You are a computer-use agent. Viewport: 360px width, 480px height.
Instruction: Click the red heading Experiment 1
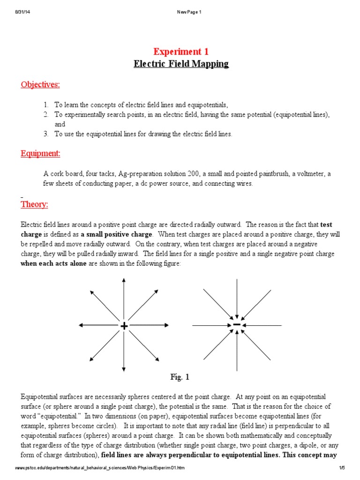(181, 52)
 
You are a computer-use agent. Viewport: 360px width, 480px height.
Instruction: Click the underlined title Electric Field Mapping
(181, 64)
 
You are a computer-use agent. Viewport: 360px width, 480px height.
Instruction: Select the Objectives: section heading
(40, 84)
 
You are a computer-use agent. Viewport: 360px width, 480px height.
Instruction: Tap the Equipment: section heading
(40, 154)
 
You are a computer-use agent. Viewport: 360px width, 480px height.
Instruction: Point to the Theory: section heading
(34, 204)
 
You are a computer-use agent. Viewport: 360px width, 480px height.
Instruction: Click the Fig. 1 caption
(180, 377)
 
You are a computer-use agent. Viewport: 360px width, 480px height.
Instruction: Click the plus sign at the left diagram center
(124, 326)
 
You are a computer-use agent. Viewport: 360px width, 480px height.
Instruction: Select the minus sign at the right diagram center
(237, 324)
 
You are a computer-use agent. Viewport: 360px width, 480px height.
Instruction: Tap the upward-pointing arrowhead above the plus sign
(124, 280)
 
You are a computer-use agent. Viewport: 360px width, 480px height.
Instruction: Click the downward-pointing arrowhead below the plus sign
(124, 369)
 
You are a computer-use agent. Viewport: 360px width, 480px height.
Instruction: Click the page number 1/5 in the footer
(342, 468)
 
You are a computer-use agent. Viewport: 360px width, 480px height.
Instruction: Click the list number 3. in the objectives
(46, 134)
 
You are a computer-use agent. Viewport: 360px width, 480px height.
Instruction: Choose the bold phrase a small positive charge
(116, 234)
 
